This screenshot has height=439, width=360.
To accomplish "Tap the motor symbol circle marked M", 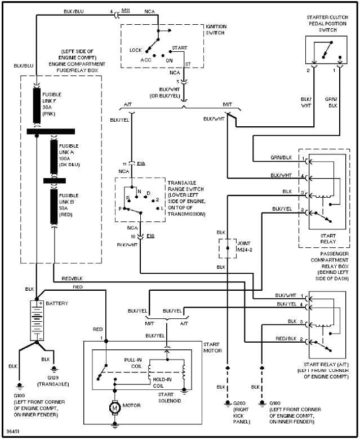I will [115, 406].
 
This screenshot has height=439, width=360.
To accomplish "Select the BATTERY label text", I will [57, 303].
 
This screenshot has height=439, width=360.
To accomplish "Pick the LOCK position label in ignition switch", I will [136, 50].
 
